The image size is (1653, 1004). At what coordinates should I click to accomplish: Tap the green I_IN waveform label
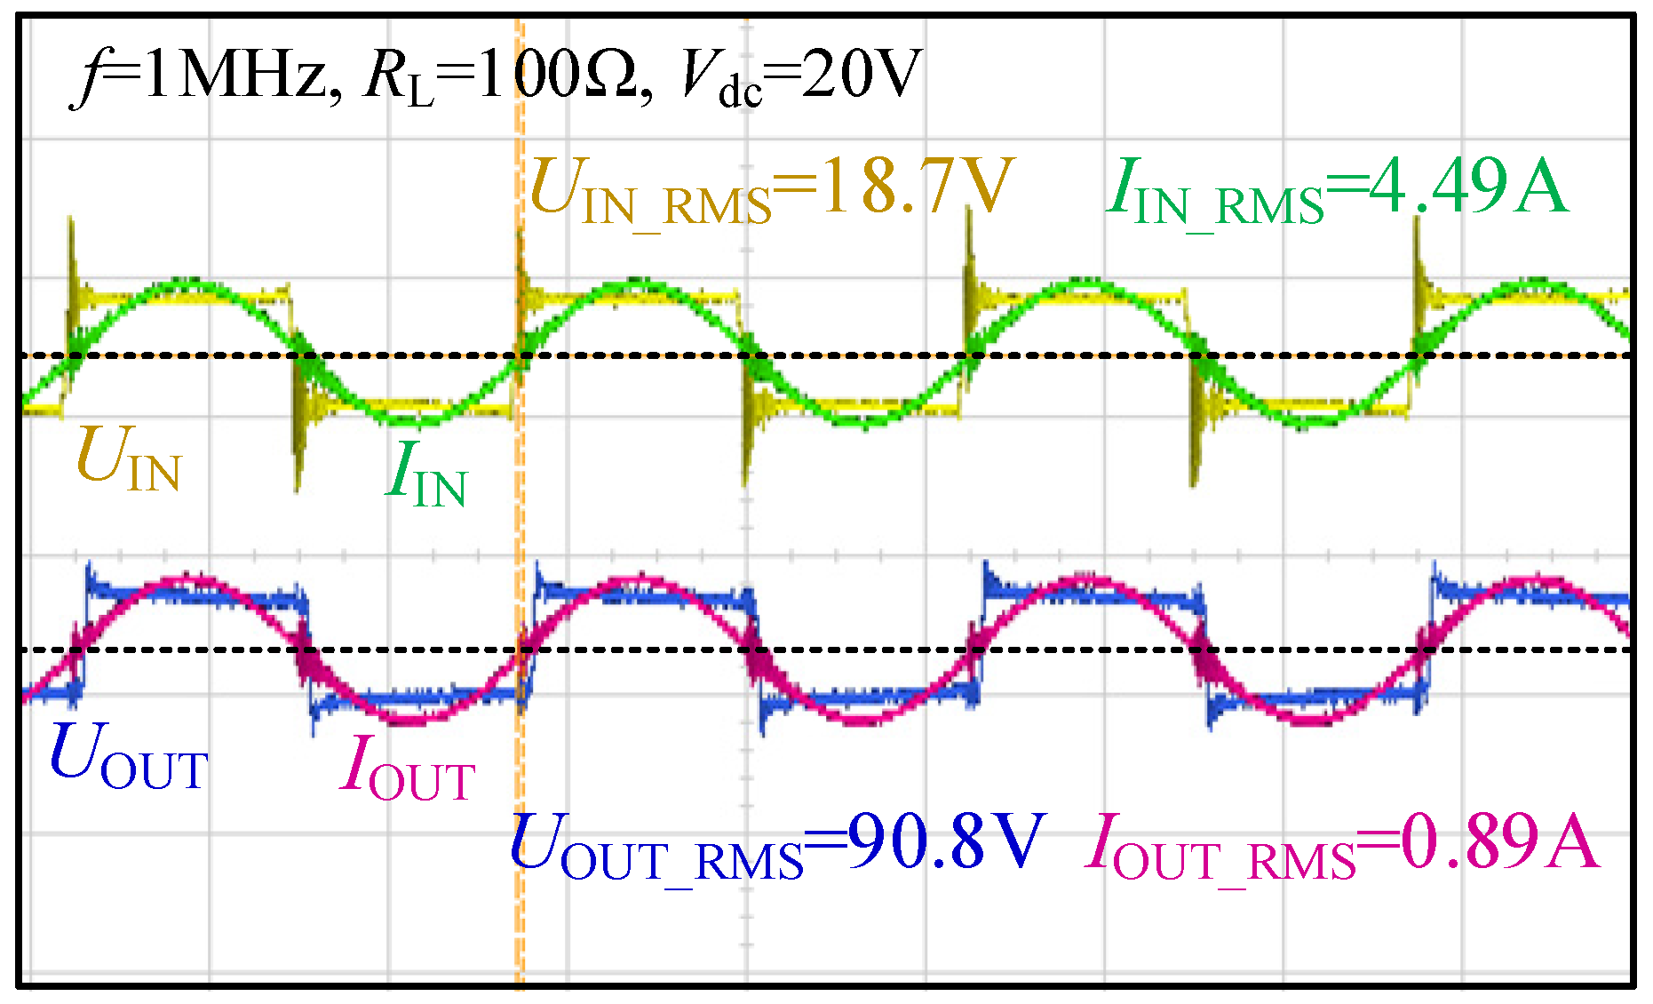pos(427,474)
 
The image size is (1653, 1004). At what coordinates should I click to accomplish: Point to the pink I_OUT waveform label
pos(409,769)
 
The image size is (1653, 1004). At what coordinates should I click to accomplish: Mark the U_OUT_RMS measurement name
pos(657,849)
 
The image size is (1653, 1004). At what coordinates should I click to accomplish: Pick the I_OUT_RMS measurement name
pos(1220,849)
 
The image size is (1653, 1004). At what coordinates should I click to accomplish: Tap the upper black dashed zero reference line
pos(888,355)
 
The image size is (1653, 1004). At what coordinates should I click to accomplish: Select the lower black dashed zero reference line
pos(888,649)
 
